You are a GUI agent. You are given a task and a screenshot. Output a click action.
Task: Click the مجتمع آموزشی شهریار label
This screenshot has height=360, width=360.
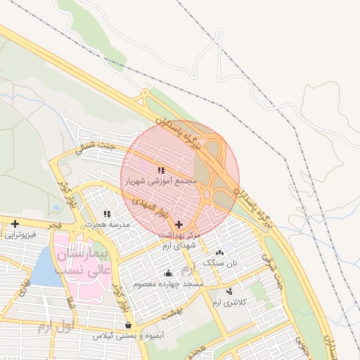(x=167, y=181)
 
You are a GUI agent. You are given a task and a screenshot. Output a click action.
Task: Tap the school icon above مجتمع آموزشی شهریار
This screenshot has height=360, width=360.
(x=161, y=170)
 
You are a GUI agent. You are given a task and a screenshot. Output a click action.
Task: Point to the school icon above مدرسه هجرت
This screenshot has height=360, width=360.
(x=107, y=214)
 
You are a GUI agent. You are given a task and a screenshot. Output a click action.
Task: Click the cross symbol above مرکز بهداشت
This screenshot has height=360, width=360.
(x=179, y=224)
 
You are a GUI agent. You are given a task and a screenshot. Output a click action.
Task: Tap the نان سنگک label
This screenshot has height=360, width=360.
(x=218, y=262)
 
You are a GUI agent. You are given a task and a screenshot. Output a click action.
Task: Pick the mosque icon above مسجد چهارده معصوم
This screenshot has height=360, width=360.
(x=168, y=274)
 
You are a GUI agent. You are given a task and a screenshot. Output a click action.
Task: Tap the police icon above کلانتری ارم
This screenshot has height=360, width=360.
(x=229, y=291)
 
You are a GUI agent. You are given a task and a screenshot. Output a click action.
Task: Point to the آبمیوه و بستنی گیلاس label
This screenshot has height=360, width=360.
(x=128, y=337)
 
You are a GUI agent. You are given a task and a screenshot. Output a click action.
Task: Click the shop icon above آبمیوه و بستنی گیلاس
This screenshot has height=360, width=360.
(x=127, y=326)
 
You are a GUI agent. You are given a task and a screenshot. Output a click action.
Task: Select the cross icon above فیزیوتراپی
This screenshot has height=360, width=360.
(x=15, y=223)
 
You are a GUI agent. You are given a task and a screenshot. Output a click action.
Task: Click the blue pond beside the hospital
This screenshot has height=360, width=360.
(x=46, y=268)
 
